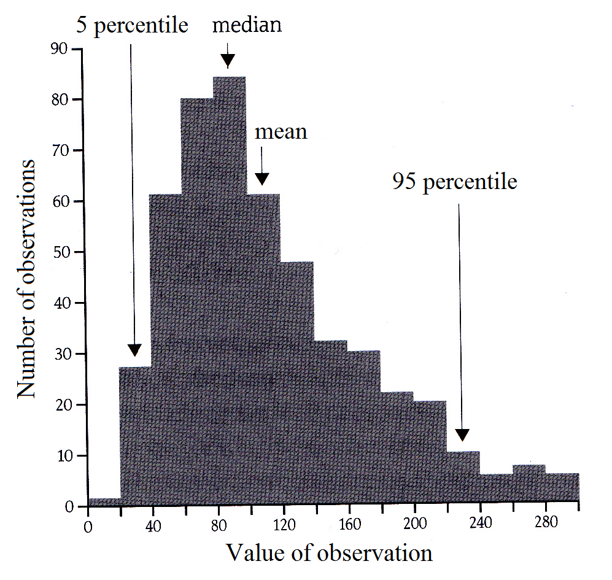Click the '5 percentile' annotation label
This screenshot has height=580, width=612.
131,26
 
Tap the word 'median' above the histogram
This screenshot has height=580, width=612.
247,25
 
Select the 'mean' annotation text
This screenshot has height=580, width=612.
281,132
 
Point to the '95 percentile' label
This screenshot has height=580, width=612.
455,182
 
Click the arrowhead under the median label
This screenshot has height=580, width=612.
228,60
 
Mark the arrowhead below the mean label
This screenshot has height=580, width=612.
262,178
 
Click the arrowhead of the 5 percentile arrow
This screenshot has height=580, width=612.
134,350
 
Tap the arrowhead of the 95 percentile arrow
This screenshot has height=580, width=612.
462,435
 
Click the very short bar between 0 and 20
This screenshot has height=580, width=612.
104,502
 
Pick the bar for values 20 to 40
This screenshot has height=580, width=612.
134,436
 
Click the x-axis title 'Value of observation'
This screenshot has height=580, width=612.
330,553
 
